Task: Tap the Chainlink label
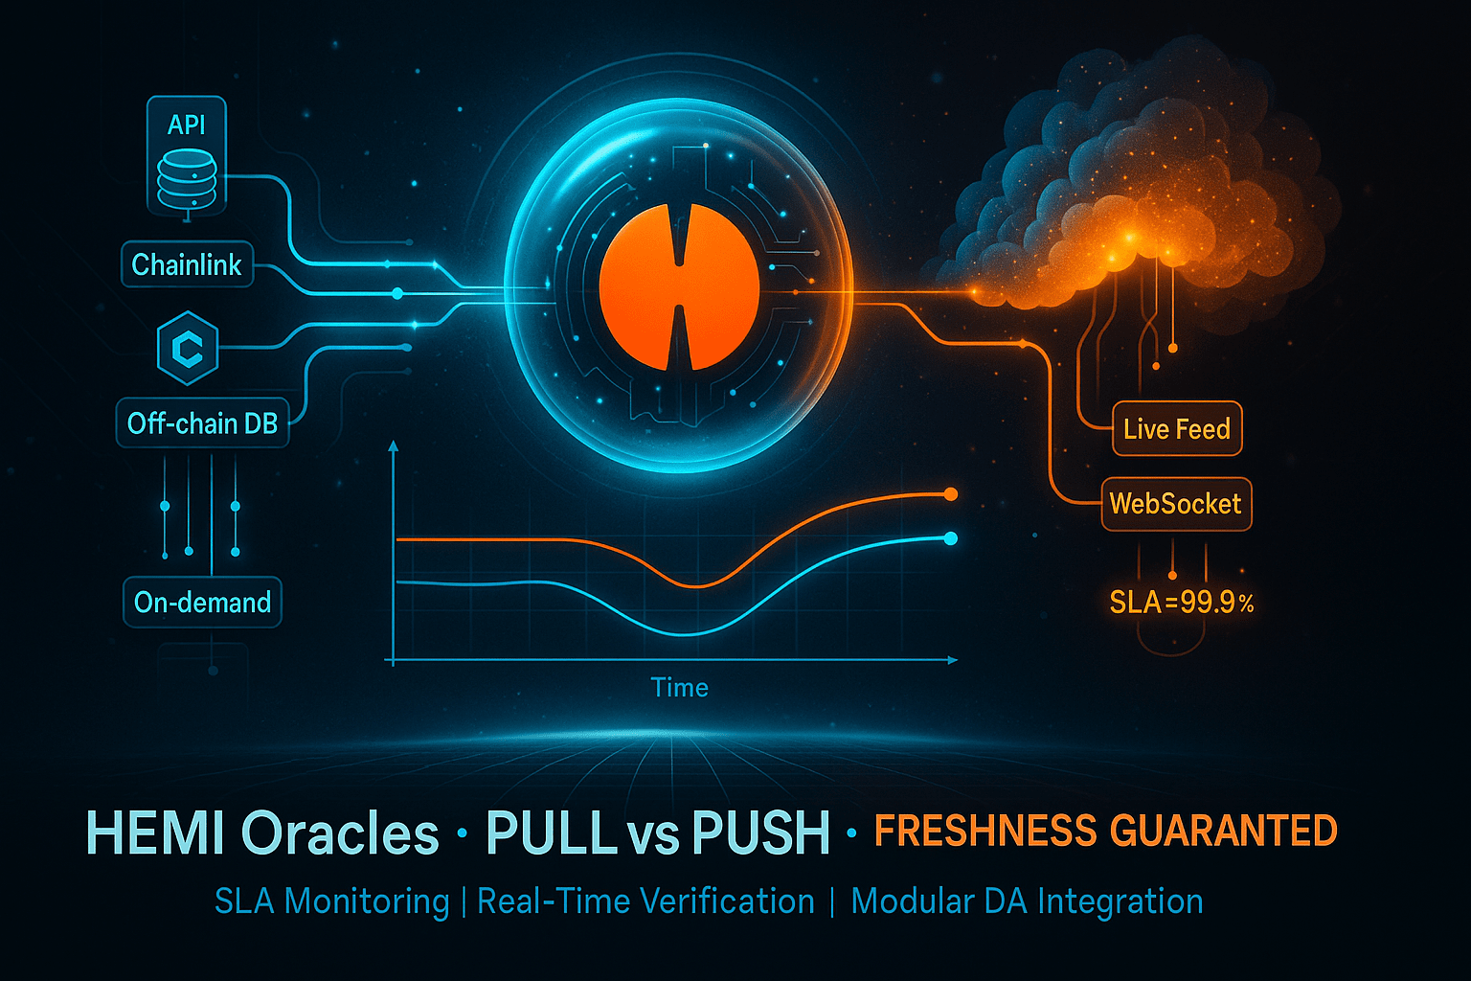pyautogui.click(x=187, y=264)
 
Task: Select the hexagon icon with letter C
pyautogui.click(x=188, y=349)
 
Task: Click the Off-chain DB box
pyautogui.click(x=202, y=423)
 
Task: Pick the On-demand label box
pyautogui.click(x=202, y=603)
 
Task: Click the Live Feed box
pyautogui.click(x=1177, y=429)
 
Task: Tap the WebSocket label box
pyautogui.click(x=1175, y=504)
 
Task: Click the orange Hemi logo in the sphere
pyautogui.click(x=679, y=287)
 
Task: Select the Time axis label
pyautogui.click(x=679, y=688)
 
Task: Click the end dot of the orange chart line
pyautogui.click(x=950, y=494)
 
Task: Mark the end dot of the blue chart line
pyautogui.click(x=950, y=538)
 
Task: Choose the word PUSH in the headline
pyautogui.click(x=761, y=833)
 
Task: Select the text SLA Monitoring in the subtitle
pyautogui.click(x=331, y=901)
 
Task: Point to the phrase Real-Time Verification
pyautogui.click(x=645, y=901)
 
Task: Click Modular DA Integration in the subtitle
pyautogui.click(x=1027, y=901)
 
